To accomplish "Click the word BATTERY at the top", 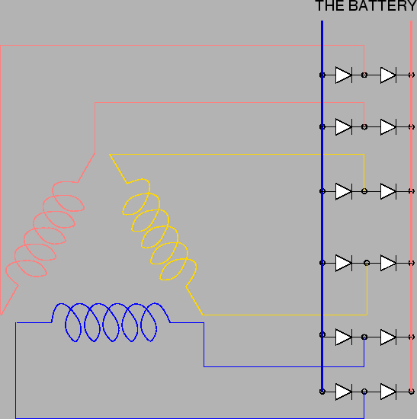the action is click(383, 5).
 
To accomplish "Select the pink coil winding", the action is click(45, 229).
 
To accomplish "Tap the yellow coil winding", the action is click(159, 229).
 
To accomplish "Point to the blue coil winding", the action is click(111, 322).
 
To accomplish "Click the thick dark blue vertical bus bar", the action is click(322, 206).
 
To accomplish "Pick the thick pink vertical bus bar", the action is click(412, 206).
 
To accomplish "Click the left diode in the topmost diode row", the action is click(344, 75).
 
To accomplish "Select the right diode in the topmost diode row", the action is click(388, 75).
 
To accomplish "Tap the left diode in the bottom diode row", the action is click(344, 392).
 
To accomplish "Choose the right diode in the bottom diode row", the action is click(388, 392).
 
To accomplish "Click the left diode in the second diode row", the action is click(344, 127).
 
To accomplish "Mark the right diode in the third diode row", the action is click(388, 191).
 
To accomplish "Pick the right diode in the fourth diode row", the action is click(388, 264).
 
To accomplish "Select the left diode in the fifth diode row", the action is click(344, 337).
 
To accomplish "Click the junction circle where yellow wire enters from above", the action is click(364, 191).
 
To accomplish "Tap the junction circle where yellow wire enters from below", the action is click(367, 264).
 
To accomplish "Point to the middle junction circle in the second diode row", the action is click(364, 127).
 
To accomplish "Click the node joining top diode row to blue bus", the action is click(322, 75).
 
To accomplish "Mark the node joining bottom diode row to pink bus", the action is click(412, 392).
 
